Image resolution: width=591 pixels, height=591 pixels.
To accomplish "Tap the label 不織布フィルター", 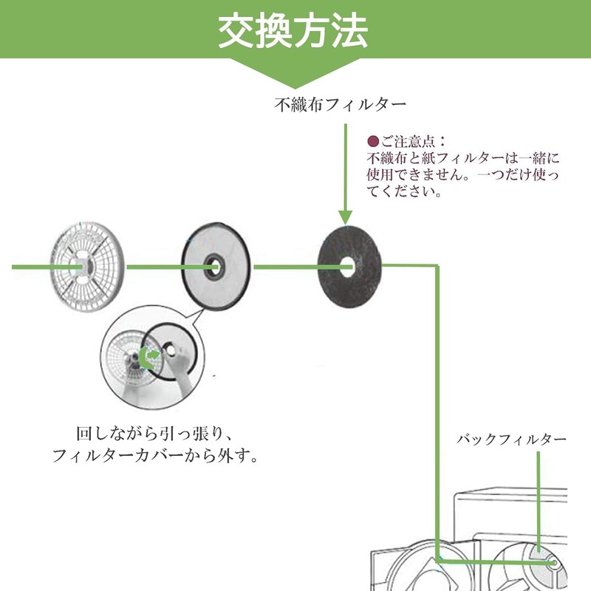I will coord(341,106).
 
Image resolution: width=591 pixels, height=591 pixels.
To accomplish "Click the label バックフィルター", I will coord(511,440).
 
